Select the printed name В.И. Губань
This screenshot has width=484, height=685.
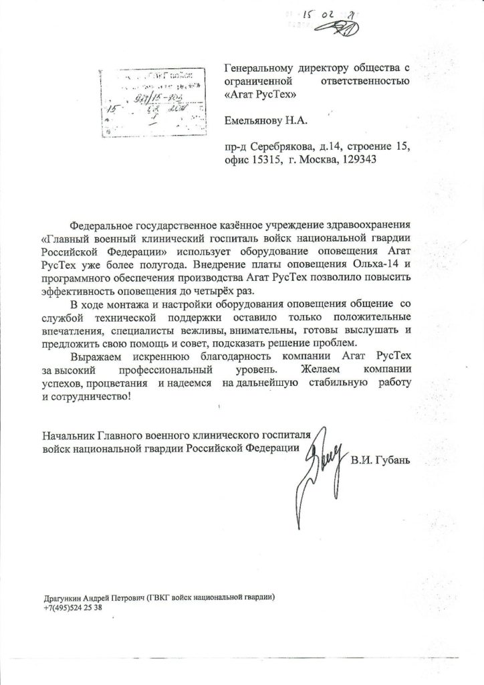click(379, 461)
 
